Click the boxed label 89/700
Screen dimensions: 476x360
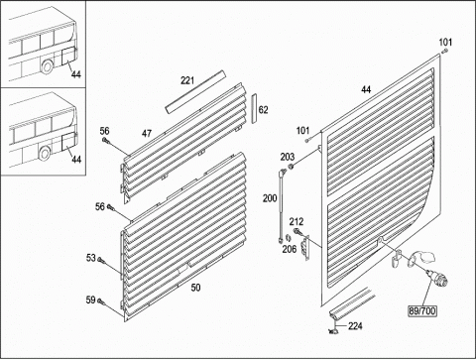point(422,310)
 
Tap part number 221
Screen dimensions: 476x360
point(187,80)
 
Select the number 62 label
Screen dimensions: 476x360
point(263,110)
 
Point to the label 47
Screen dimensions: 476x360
point(147,133)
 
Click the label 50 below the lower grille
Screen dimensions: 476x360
point(195,288)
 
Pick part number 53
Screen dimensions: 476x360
point(91,258)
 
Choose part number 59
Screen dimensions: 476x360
point(90,300)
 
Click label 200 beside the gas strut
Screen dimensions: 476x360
point(270,198)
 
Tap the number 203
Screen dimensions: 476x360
point(288,157)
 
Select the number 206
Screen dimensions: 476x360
point(289,249)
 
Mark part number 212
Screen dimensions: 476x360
point(297,221)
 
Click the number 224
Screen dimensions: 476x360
point(355,326)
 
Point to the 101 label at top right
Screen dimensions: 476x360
point(445,43)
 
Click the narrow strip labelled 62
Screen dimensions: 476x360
point(254,108)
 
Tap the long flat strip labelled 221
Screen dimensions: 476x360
point(195,92)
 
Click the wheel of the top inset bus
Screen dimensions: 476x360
point(47,66)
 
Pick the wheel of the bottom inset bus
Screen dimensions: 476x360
point(45,153)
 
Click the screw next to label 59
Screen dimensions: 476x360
point(102,301)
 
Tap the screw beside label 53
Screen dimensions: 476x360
point(101,261)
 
